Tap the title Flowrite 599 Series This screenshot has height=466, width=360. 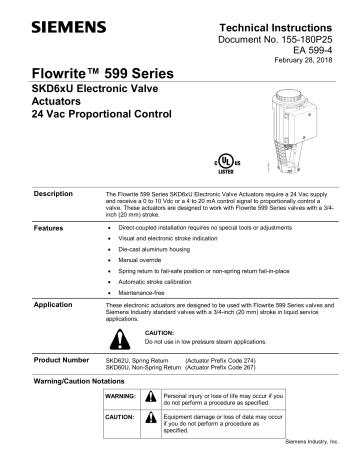[95, 76]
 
